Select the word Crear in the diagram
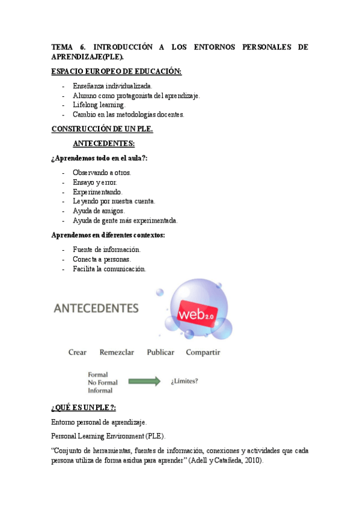click(78, 352)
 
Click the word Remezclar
click(117, 352)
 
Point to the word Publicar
click(160, 352)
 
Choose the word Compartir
click(203, 352)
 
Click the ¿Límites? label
click(185, 381)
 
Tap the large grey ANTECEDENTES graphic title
click(96, 309)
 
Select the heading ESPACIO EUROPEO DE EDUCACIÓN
click(116, 72)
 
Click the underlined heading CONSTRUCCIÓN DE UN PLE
click(102, 129)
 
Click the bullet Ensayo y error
click(95, 182)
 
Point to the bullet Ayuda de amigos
click(99, 211)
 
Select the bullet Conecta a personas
click(102, 259)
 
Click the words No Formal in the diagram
click(103, 382)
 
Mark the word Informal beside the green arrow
click(100, 390)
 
